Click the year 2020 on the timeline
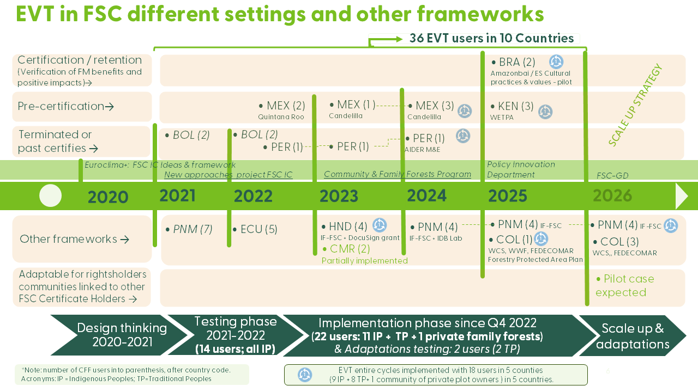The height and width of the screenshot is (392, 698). [x=108, y=197]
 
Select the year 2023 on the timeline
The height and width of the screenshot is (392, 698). [x=339, y=196]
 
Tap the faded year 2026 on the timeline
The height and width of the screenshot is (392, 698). [x=612, y=195]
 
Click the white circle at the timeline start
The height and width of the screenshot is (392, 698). [x=51, y=196]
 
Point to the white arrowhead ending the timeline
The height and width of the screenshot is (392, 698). [x=682, y=196]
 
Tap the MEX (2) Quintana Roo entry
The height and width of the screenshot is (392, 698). [x=286, y=106]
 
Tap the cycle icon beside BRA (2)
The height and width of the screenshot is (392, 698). [x=556, y=62]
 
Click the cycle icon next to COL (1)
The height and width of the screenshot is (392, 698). [x=540, y=238]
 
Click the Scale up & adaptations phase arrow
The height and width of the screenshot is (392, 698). [x=633, y=336]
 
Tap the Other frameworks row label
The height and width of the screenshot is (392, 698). [x=74, y=239]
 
